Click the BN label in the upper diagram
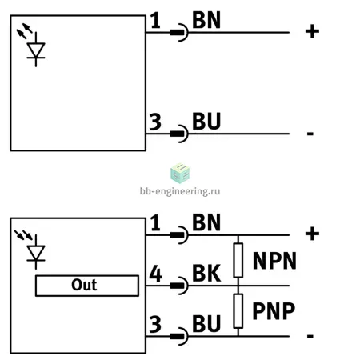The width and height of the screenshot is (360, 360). (206, 20)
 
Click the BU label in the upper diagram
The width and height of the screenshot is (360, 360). (206, 122)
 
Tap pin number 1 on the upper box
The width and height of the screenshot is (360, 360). (155, 20)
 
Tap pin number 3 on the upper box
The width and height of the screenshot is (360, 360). (155, 122)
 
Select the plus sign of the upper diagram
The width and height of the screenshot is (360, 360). (312, 31)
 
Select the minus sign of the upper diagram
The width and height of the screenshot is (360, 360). (310, 134)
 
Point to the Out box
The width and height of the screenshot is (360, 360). (87, 286)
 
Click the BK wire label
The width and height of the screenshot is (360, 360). (206, 273)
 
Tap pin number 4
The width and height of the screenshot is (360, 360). (155, 274)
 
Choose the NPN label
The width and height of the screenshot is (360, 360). (274, 261)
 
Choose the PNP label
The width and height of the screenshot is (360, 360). (274, 311)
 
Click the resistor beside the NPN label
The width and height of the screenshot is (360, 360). (238, 260)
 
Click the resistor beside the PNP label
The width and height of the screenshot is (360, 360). (238, 311)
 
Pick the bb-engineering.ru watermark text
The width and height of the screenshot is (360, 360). (180, 191)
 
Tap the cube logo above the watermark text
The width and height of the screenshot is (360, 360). (180, 174)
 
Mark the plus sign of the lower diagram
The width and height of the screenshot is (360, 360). (312, 234)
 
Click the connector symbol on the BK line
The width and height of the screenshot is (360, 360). (179, 286)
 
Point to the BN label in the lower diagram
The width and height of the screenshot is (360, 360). (206, 222)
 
